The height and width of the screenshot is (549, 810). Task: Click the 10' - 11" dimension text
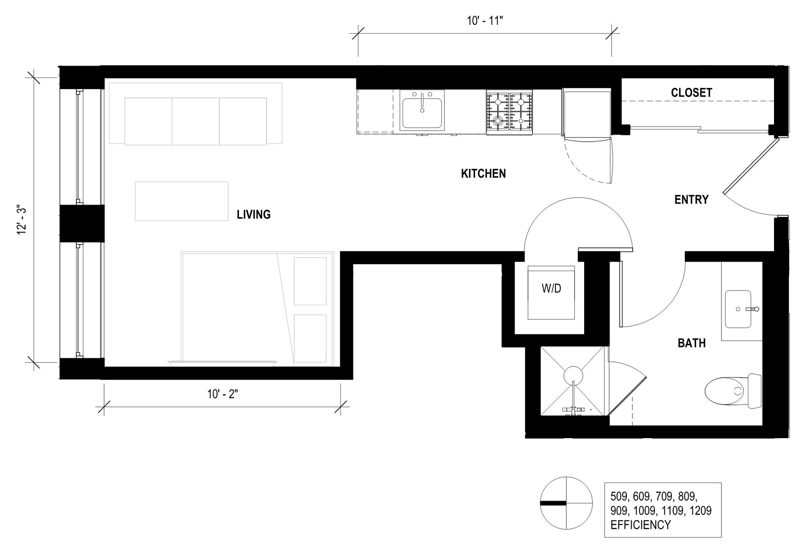[484, 21]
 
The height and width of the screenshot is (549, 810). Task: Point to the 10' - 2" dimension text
[222, 394]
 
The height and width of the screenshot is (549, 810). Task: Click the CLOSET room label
[691, 93]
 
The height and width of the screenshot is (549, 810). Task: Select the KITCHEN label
[483, 173]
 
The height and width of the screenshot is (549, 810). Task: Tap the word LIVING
[254, 215]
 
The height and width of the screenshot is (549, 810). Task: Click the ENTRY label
[691, 199]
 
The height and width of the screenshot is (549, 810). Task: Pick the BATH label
[691, 343]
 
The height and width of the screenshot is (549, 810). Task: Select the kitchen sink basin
[422, 112]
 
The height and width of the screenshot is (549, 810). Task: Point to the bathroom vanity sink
[738, 309]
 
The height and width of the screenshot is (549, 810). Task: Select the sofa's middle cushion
[195, 121]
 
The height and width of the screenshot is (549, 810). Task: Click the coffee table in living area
[182, 201]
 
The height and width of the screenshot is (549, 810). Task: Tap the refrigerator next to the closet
[587, 113]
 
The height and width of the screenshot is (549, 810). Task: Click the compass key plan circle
[566, 503]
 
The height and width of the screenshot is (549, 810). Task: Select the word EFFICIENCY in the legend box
[640, 525]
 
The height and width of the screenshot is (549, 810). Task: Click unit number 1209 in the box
[700, 511]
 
